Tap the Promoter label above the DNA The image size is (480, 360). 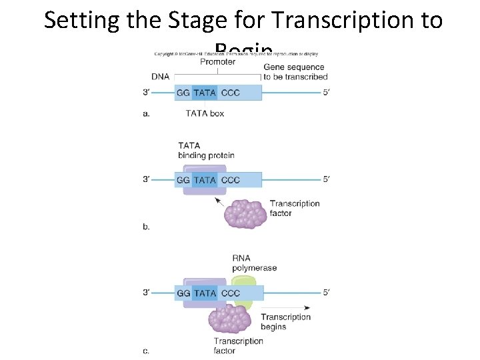217,62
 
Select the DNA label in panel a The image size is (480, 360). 160,77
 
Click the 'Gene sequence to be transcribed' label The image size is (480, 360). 293,72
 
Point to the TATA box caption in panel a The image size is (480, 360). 205,113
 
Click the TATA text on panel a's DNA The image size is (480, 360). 205,93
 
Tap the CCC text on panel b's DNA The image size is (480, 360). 231,180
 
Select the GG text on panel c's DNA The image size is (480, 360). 183,293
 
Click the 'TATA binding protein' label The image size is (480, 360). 206,151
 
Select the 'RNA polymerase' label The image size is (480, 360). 254,263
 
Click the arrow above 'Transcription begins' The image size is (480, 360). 285,307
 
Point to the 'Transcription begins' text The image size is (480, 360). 285,321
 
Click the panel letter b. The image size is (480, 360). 146,227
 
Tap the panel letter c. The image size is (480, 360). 146,350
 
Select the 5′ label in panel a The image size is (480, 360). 326,93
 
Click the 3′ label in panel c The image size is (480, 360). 146,293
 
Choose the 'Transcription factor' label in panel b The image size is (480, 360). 294,208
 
